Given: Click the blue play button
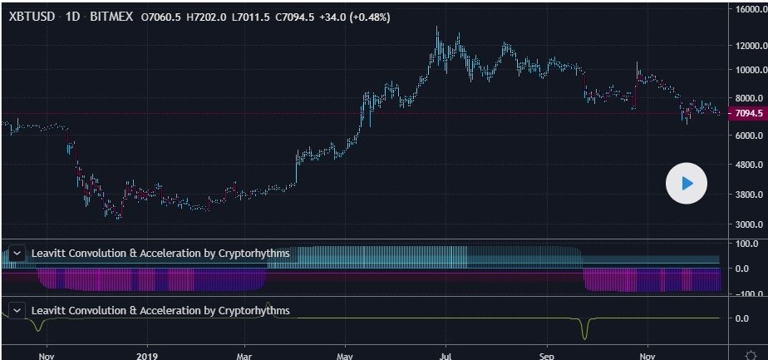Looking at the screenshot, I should click(x=686, y=184).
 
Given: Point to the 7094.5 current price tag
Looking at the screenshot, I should click(x=746, y=113).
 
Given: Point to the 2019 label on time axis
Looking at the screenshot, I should click(x=147, y=352).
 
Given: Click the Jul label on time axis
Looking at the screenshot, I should click(x=446, y=352).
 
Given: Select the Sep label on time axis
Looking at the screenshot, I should click(x=548, y=352).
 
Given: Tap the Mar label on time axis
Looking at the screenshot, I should click(x=245, y=352).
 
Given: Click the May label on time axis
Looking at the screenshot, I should click(x=346, y=352).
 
